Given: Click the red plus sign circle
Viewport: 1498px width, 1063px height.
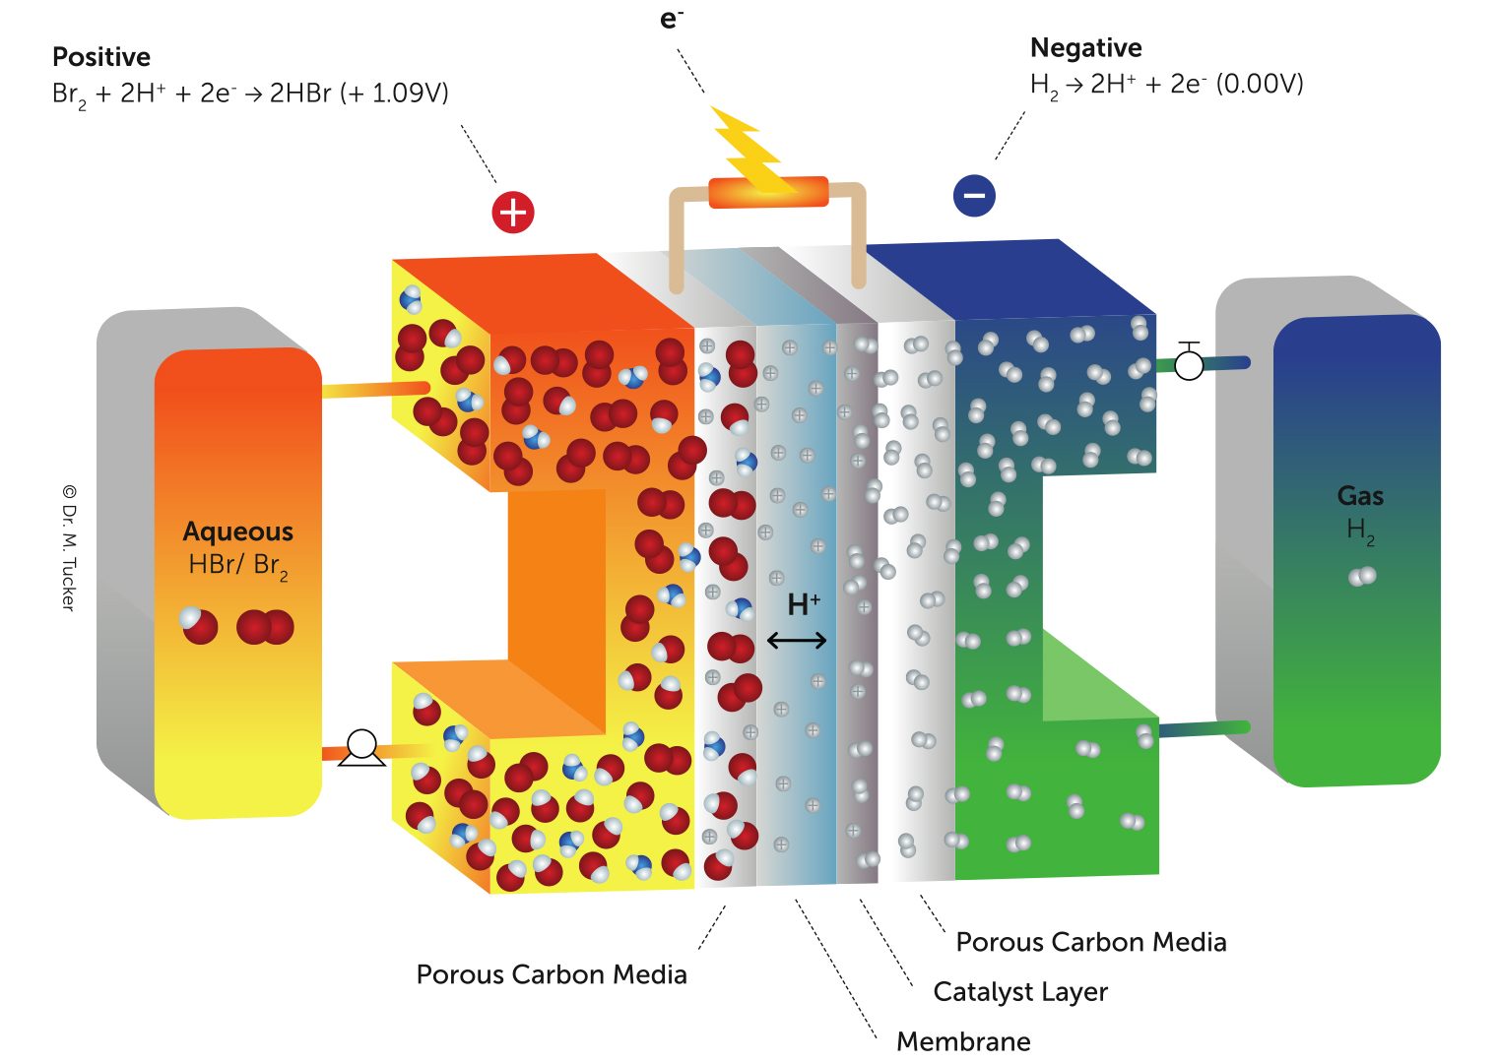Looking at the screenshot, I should click(x=513, y=213).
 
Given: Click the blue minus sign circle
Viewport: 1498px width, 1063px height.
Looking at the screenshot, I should click(x=974, y=195).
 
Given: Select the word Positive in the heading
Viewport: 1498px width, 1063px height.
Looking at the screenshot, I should click(x=101, y=57).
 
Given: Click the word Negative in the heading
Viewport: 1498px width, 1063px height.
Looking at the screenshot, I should click(x=1085, y=48).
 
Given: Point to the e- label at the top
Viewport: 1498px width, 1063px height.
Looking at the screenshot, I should click(x=672, y=19).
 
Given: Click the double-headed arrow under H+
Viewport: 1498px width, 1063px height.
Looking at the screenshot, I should click(x=797, y=642).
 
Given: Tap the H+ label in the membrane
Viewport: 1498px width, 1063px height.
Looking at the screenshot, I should click(x=803, y=603).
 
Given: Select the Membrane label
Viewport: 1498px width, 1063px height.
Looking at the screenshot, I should click(x=963, y=1041).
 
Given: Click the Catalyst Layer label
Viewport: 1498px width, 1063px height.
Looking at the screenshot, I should click(x=1020, y=992).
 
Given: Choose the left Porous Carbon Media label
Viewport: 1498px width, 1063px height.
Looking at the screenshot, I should click(x=552, y=974).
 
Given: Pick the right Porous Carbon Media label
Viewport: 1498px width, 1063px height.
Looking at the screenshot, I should click(x=1091, y=942).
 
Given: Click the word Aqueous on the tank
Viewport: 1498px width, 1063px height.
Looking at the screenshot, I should click(x=238, y=531).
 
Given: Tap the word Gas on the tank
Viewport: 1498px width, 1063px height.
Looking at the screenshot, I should click(x=1360, y=496).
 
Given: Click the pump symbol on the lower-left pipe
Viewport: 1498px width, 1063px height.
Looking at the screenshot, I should click(x=361, y=748).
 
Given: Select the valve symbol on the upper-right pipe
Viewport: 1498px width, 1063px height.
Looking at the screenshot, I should click(x=1190, y=364).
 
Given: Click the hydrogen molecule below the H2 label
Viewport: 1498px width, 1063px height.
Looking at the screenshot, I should click(x=1362, y=576).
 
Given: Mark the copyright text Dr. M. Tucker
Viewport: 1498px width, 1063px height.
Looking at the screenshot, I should click(x=69, y=547).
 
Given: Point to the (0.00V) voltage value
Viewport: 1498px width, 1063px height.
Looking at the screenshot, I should click(x=1260, y=84).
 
